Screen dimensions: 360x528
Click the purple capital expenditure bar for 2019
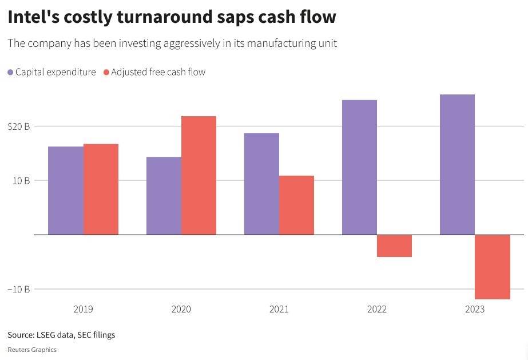66,191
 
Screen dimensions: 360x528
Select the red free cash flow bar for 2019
101,189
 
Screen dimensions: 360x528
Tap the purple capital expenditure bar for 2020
164,196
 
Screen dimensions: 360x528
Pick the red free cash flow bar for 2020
199,176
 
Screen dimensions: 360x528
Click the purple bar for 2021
261,184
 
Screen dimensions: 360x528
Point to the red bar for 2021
296,205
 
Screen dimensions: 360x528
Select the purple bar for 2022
359,167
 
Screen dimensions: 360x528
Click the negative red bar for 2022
394,246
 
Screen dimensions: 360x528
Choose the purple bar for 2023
457,164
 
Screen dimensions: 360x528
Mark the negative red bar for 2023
492,267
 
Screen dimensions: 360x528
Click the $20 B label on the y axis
19,126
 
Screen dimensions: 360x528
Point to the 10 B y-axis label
21,181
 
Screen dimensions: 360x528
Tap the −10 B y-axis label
19,290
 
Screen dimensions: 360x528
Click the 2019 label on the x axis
84,310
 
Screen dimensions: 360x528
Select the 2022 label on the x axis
377,310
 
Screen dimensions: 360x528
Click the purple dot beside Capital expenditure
10,73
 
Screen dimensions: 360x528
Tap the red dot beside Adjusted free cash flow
106,73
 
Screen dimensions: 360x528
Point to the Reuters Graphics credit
32,350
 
